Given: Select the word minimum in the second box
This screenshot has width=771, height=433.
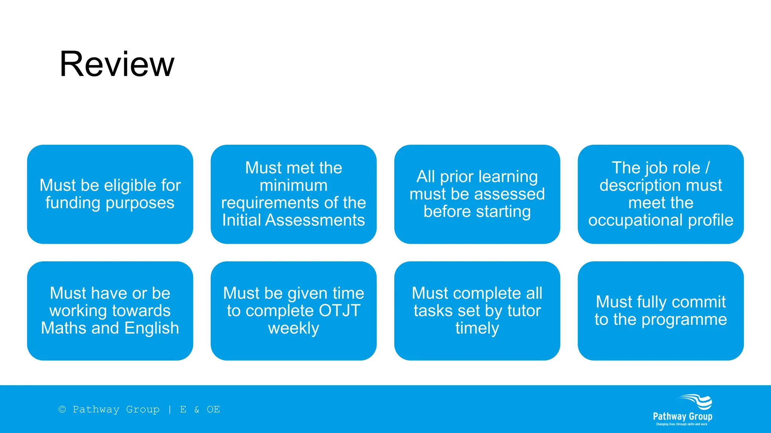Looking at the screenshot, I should (x=293, y=185).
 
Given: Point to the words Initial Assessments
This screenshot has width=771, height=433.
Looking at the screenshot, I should (x=293, y=220).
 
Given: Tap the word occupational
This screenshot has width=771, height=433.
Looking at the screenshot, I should (x=636, y=221).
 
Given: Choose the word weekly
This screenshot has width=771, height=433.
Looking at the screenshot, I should (x=293, y=329).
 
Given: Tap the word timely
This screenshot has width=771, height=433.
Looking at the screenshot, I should (x=477, y=329).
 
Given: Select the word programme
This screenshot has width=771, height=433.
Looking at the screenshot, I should (x=684, y=320).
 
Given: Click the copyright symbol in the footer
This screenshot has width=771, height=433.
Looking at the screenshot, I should (x=62, y=409).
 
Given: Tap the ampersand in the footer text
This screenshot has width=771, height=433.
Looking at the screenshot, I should (x=197, y=410).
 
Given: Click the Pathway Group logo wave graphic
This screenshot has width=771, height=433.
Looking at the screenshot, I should (x=697, y=402).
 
